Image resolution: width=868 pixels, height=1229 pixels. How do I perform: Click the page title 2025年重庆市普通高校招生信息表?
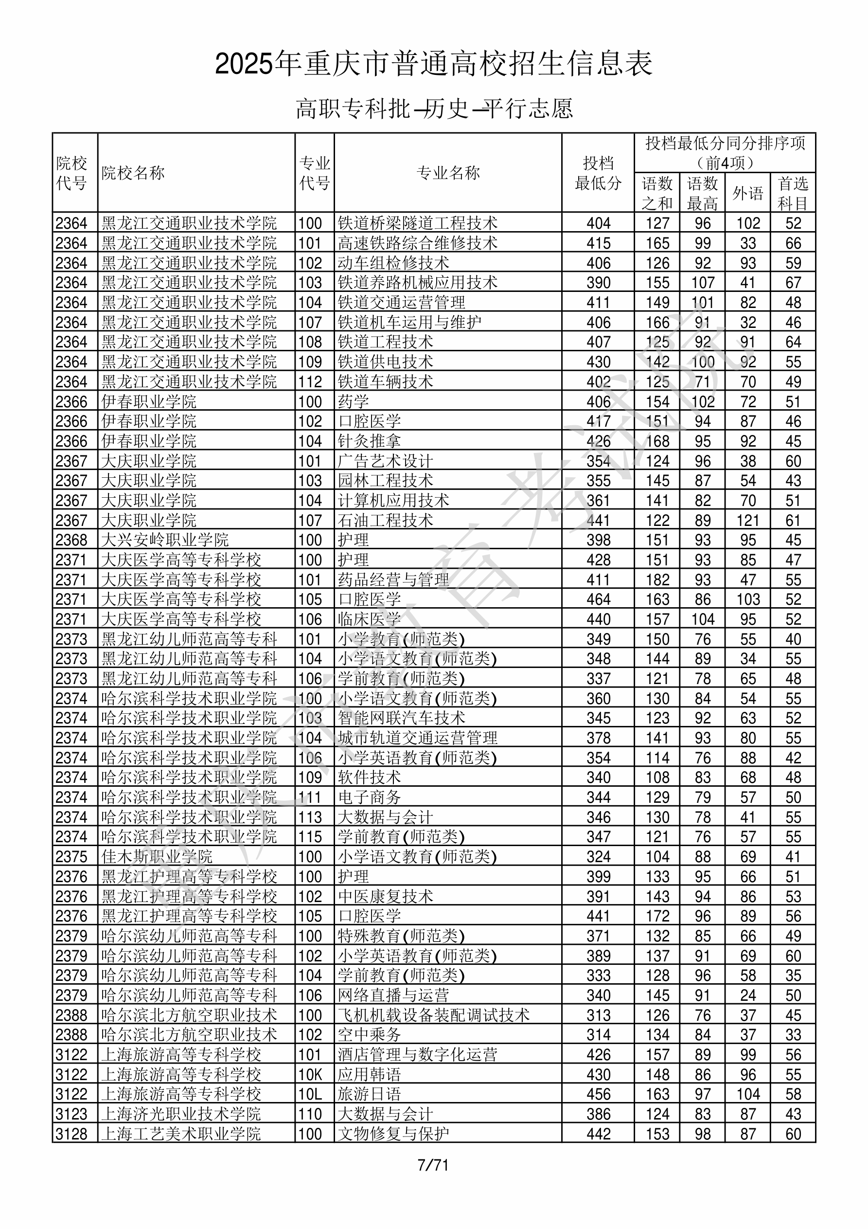click(433, 64)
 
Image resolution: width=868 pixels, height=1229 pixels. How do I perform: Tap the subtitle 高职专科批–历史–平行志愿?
click(434, 108)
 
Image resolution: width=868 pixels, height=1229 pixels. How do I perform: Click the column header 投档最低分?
click(598, 173)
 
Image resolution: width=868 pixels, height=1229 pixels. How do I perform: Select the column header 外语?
click(747, 193)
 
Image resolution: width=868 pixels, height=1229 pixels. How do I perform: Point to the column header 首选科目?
click(793, 193)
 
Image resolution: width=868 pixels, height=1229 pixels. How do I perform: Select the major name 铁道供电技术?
click(385, 362)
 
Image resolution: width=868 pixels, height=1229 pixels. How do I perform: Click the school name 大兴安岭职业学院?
click(165, 540)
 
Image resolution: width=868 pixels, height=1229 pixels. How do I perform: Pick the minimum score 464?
click(598, 599)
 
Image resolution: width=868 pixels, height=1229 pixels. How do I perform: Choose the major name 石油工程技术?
click(385, 520)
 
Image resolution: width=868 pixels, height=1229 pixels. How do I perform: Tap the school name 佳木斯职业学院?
click(157, 856)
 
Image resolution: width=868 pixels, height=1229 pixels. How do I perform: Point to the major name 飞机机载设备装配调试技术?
click(433, 1015)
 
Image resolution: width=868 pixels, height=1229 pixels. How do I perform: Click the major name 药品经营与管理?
click(393, 579)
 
